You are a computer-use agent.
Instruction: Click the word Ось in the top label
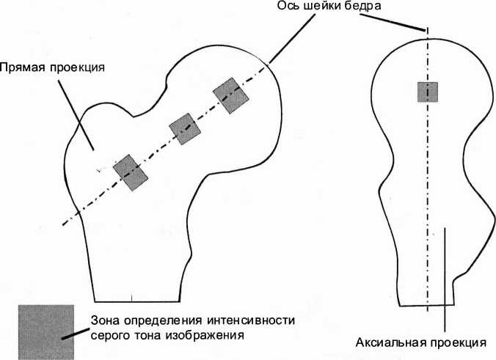[x=288, y=7]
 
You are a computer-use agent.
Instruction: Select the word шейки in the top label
[x=324, y=7]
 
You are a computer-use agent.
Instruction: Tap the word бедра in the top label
[x=365, y=7]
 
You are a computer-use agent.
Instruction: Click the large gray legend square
[x=46, y=331]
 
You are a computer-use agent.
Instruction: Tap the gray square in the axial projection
[x=428, y=92]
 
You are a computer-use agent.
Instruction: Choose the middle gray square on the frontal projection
[x=184, y=128]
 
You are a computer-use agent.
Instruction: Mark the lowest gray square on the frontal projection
[x=131, y=172]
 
